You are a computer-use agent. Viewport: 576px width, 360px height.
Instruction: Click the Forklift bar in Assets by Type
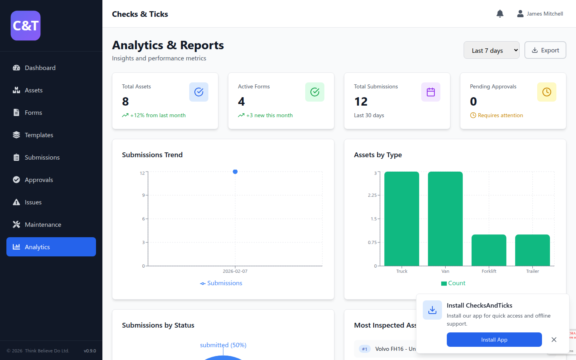[489, 250]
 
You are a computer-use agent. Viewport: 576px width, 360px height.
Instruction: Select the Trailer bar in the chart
[532, 250]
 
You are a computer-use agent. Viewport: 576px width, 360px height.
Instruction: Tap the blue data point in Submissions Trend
[235, 172]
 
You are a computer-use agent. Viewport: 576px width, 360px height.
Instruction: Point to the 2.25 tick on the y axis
[372, 195]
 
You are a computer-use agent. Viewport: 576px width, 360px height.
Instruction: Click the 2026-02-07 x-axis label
[235, 271]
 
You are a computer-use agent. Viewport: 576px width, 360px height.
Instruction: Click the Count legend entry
[453, 283]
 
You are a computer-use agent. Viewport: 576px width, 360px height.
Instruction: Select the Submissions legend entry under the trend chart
[221, 283]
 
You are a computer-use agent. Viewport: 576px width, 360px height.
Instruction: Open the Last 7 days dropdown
[491, 50]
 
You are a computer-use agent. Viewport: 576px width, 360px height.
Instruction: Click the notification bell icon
[500, 14]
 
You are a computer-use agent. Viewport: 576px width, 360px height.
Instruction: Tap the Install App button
[494, 340]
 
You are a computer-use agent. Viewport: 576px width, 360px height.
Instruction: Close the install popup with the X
[554, 340]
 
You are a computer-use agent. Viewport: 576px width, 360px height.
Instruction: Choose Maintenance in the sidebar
[43, 225]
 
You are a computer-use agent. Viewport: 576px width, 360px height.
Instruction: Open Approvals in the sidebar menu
[39, 180]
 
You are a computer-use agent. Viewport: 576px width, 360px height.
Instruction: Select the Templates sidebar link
[39, 135]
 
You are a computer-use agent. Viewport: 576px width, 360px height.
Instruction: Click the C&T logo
[26, 26]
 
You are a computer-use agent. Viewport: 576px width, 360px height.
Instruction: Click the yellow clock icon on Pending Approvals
[546, 92]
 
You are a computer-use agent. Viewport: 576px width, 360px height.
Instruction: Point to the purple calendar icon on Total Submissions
[430, 92]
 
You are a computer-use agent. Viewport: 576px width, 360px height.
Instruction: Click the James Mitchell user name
[544, 14]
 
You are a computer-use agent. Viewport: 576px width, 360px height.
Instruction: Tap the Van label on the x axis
[445, 271]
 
